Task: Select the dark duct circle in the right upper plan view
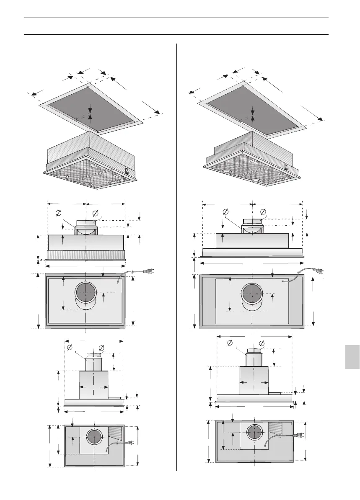(x=251, y=294)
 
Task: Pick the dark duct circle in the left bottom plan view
(x=94, y=438)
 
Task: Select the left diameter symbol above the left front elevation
(x=58, y=214)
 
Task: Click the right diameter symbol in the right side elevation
(x=262, y=344)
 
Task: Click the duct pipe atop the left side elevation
(x=93, y=362)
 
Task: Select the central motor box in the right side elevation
(x=254, y=380)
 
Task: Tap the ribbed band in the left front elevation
(x=86, y=254)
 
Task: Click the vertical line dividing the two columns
(x=176, y=251)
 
